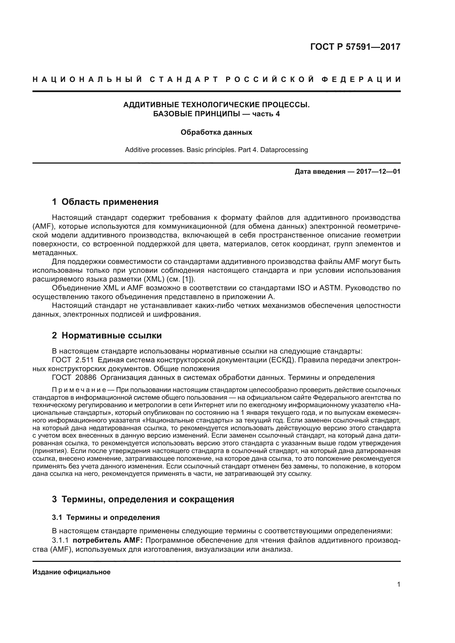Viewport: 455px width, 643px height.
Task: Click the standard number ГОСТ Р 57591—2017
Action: [x=355, y=47]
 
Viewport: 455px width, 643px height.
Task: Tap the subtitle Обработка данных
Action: [x=216, y=132]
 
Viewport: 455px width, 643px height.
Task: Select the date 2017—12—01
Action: [x=378, y=172]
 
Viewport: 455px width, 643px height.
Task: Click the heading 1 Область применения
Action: [x=105, y=202]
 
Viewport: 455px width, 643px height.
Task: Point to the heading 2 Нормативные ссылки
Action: [x=107, y=335]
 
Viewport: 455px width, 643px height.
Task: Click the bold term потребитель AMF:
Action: [x=108, y=540]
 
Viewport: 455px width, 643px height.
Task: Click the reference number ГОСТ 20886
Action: [x=74, y=377]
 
